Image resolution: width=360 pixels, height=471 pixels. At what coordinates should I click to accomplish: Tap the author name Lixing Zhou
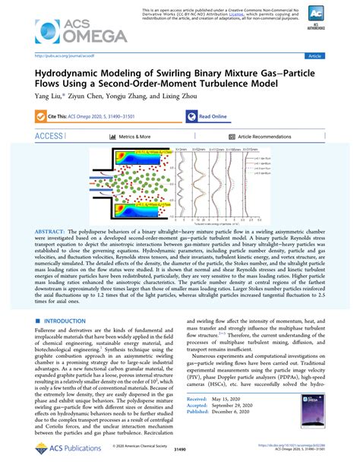coord(184,96)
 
